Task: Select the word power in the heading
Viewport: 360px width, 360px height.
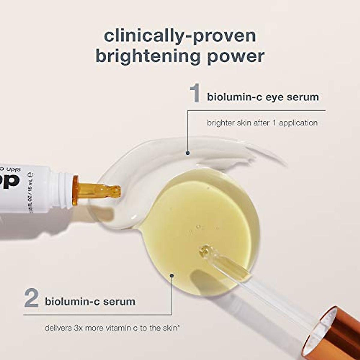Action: pos(236,57)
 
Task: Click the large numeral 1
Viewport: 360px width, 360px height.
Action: pos(195,94)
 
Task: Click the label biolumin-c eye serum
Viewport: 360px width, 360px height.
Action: pos(263,97)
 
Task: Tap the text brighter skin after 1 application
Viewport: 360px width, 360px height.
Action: pos(262,123)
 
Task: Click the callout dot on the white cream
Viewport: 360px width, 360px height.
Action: pos(188,153)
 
